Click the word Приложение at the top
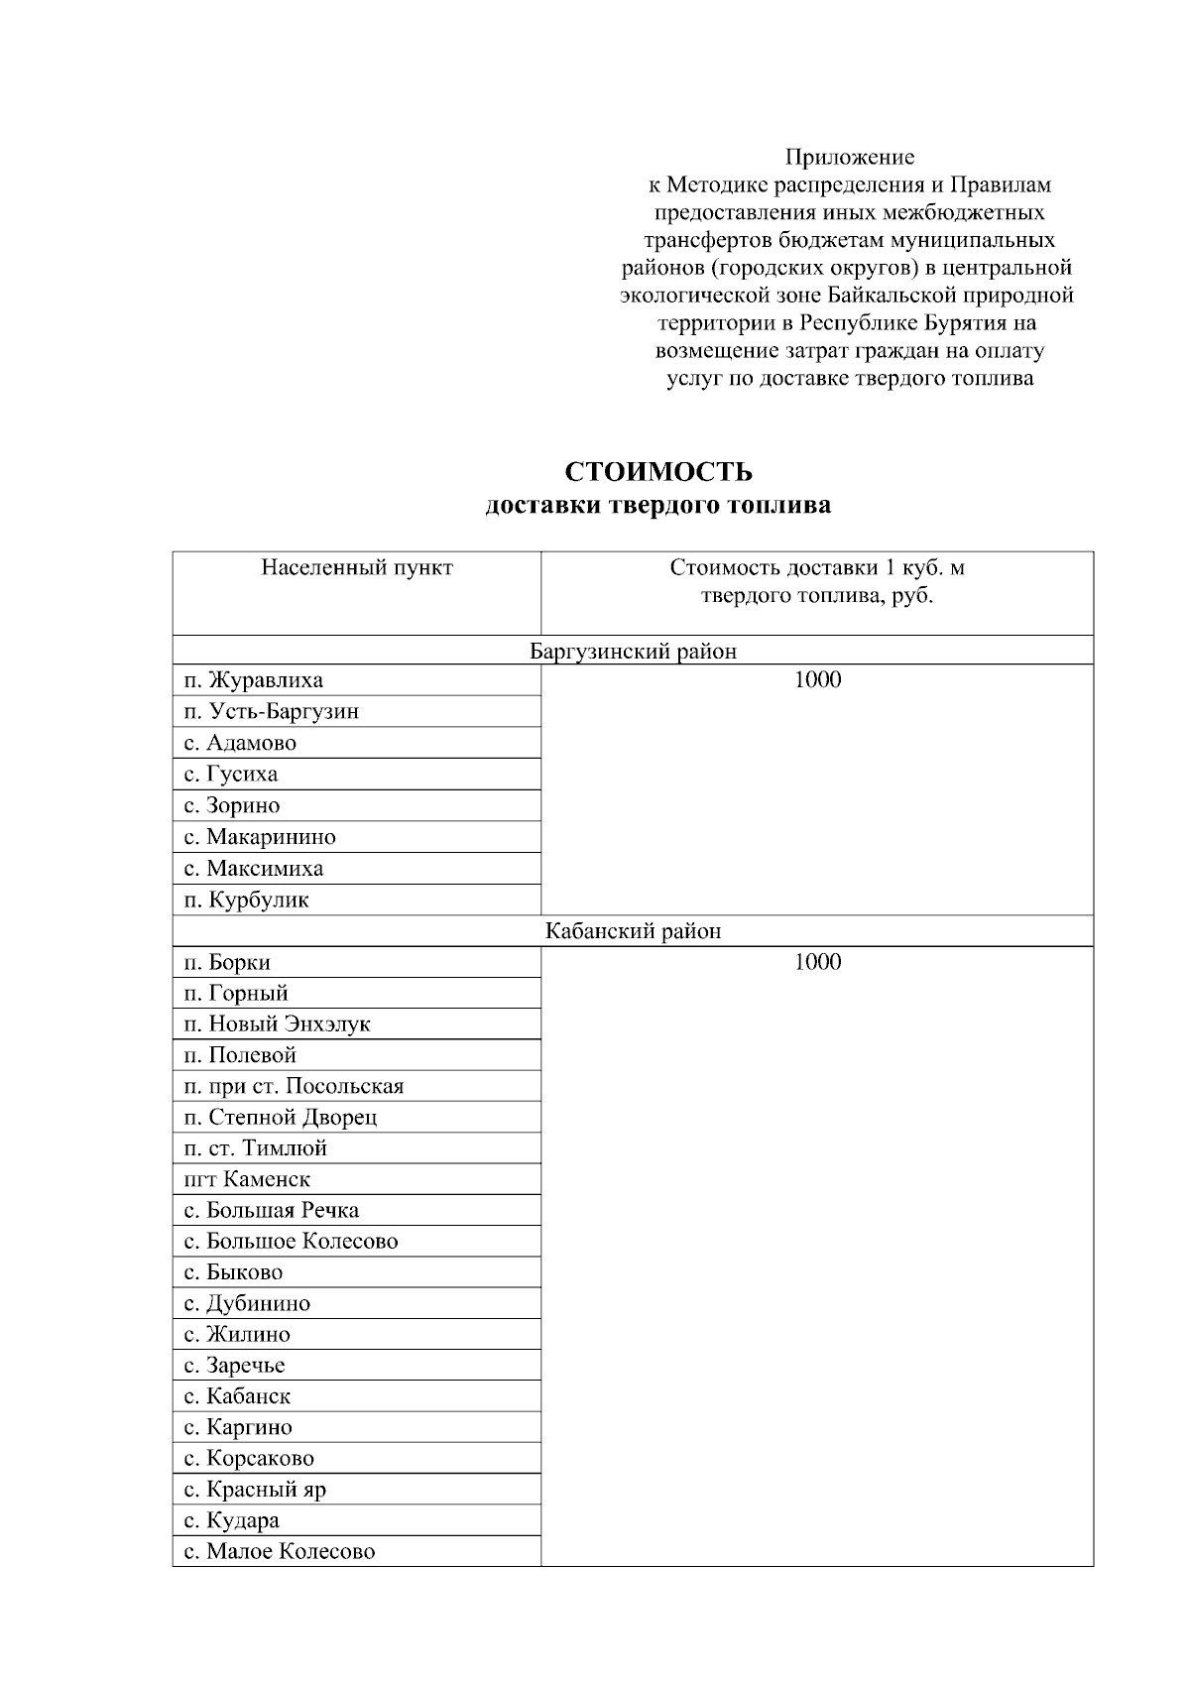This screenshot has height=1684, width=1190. (849, 157)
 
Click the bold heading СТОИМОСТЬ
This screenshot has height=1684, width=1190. (657, 470)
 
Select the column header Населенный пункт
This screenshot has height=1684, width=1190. (357, 568)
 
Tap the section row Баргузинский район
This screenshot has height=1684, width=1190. (633, 652)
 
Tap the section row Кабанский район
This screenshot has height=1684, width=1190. (633, 932)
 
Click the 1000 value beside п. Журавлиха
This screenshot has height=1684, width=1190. (817, 679)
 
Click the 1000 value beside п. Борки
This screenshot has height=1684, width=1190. (817, 962)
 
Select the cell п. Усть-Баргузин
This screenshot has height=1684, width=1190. (272, 712)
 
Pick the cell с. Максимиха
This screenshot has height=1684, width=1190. (254, 869)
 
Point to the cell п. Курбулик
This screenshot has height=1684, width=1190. (246, 901)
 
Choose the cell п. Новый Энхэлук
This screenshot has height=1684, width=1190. (278, 1023)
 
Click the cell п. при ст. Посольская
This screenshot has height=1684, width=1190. (294, 1086)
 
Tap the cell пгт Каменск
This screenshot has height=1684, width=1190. (247, 1179)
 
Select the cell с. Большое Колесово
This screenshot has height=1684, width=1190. (291, 1242)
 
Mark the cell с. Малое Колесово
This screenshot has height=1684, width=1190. (280, 1552)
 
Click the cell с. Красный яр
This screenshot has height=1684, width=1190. (255, 1490)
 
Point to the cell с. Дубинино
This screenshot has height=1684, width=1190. (247, 1304)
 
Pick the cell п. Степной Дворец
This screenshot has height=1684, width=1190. (281, 1118)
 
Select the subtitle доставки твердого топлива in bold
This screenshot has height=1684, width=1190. (657, 506)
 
